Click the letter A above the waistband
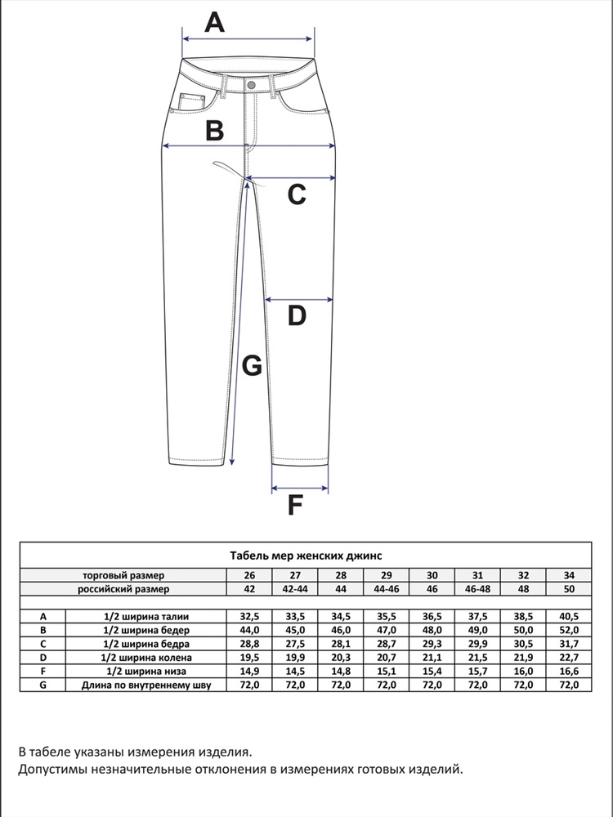(x=214, y=22)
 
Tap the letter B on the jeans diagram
(x=214, y=131)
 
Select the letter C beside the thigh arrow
(x=297, y=194)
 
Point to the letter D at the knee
(x=297, y=315)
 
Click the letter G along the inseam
(x=253, y=366)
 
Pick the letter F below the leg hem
(x=295, y=506)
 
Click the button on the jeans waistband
(x=251, y=85)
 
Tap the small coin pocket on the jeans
(x=190, y=103)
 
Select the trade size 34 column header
(x=569, y=574)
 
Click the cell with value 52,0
(x=569, y=630)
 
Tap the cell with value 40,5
(x=569, y=616)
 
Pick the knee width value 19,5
(x=249, y=658)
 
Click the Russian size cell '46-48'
(x=477, y=588)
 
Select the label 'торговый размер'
(x=123, y=574)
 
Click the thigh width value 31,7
(x=569, y=644)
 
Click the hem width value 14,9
(x=249, y=672)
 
